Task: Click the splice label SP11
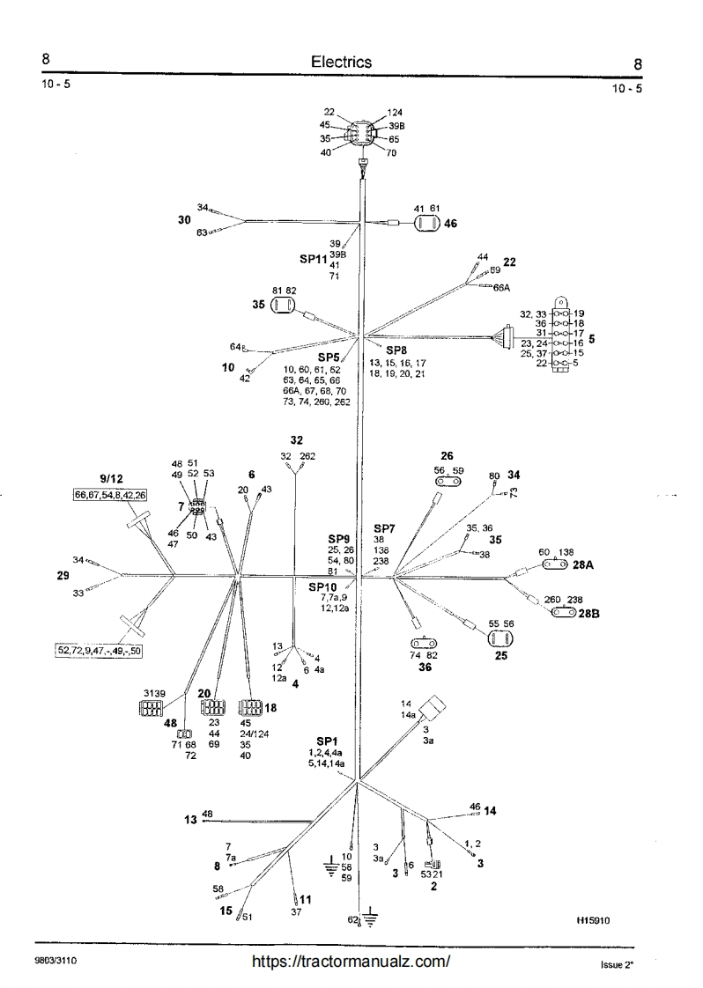(313, 260)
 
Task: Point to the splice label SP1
(328, 741)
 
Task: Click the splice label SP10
(322, 586)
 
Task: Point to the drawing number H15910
(594, 918)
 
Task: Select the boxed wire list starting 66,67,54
(111, 496)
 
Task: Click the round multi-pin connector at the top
(359, 136)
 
